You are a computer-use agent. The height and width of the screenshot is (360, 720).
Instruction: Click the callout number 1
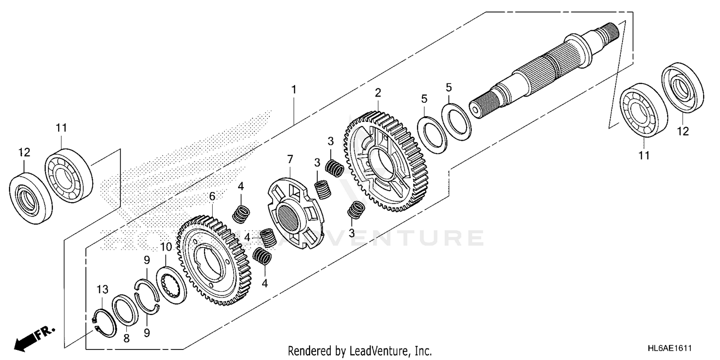pos(294,90)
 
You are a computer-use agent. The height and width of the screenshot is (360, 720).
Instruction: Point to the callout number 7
pos(290,159)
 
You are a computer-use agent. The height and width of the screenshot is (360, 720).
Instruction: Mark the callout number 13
pos(102,289)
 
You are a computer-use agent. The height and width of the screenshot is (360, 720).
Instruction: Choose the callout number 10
pos(166,247)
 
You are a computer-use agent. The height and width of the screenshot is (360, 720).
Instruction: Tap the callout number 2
pos(378,92)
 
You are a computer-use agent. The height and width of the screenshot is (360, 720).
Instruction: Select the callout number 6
pos(212,196)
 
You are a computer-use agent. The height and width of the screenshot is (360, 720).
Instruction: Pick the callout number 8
pos(126,338)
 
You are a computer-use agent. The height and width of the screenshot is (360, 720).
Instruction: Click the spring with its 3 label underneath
pos(356,209)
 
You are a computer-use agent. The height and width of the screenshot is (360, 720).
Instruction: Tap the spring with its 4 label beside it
pos(267,236)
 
